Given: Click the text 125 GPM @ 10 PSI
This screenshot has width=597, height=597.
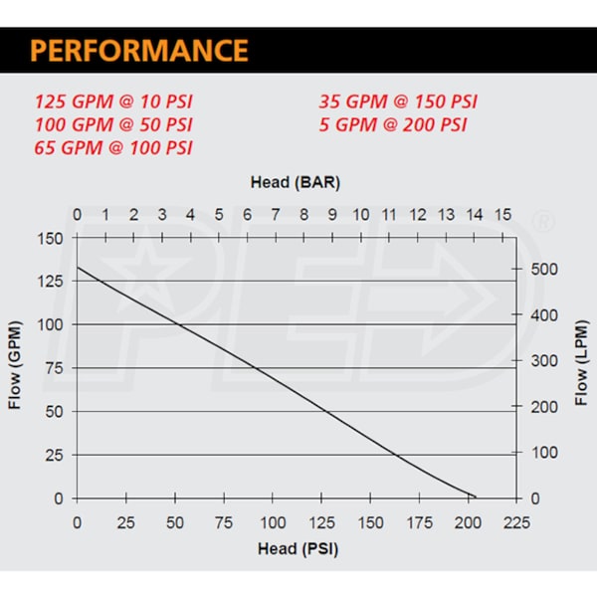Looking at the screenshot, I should point(114,101).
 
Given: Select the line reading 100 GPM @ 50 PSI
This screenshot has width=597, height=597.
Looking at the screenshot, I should point(114,124).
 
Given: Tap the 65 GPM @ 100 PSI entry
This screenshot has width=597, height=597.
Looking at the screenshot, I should point(114,148).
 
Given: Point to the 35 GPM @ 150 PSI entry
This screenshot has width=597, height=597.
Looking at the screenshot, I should point(398,101).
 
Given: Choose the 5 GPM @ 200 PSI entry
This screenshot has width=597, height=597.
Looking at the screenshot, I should point(393,124).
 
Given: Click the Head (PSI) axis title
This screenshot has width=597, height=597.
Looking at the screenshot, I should point(292,548).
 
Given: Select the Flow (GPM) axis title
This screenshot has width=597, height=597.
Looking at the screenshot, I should point(16,367).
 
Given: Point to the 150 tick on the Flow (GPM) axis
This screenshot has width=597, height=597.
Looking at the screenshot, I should point(50,239).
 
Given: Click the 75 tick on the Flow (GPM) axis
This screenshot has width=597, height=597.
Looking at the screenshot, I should point(54,368).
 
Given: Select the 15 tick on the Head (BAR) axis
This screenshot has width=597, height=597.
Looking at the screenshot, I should point(502,215).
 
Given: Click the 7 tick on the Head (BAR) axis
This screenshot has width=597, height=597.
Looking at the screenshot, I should point(276,215).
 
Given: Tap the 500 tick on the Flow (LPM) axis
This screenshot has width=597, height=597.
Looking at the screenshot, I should point(537,270).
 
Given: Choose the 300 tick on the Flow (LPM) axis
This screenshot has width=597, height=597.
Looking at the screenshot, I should point(537,361).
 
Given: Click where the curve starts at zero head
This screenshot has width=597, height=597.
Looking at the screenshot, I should point(78,268).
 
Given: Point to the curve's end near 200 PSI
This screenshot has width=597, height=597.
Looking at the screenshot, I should point(476,497).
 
